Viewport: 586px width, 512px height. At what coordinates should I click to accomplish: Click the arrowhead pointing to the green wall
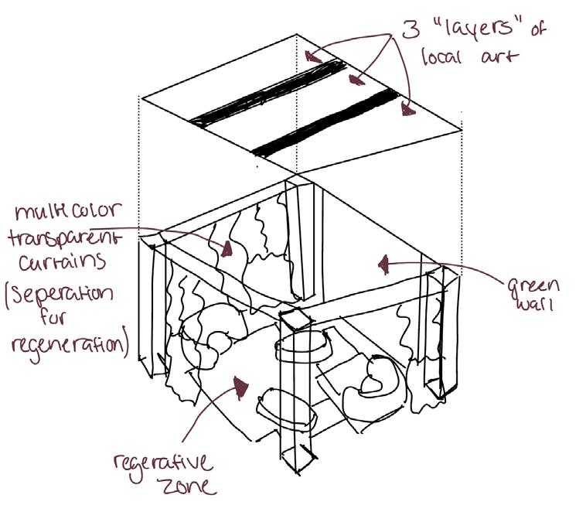[383, 265]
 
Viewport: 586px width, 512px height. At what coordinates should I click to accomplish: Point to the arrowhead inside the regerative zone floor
[244, 384]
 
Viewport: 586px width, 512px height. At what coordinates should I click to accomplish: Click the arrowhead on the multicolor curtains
[228, 248]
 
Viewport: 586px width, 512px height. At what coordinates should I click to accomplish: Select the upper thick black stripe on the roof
[271, 94]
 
